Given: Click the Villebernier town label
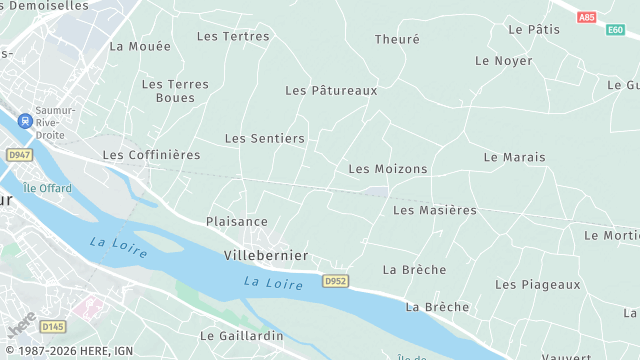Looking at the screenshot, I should pyautogui.click(x=265, y=255).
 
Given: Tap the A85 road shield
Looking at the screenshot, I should pyautogui.click(x=586, y=17).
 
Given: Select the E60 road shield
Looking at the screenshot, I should pyautogui.click(x=615, y=30).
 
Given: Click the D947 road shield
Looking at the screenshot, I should pyautogui.click(x=19, y=155).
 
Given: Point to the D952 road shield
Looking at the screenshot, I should pyautogui.click(x=335, y=282).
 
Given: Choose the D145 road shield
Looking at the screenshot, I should pyautogui.click(x=52, y=326).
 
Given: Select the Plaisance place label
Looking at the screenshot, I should pyautogui.click(x=237, y=221).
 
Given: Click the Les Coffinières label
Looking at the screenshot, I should pyautogui.click(x=151, y=155).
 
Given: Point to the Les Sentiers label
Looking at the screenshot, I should pyautogui.click(x=264, y=138).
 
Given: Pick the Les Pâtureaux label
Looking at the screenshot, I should pyautogui.click(x=331, y=90).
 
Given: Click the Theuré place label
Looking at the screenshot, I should pyautogui.click(x=397, y=39).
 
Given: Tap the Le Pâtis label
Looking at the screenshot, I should pyautogui.click(x=534, y=29).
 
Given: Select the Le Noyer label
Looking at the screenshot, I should pyautogui.click(x=503, y=60).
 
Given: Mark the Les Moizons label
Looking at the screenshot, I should pyautogui.click(x=387, y=169).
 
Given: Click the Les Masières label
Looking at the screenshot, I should pyautogui.click(x=435, y=210).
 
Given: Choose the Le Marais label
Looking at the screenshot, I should pyautogui.click(x=514, y=157).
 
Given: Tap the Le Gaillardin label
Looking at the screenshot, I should pyautogui.click(x=242, y=336).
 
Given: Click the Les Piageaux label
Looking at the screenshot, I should pyautogui.click(x=537, y=284).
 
